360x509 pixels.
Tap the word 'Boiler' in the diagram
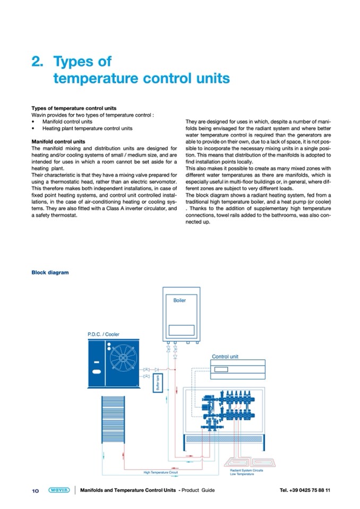pyautogui.click(x=179, y=300)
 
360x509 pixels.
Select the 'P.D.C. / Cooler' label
pyautogui.click(x=103, y=334)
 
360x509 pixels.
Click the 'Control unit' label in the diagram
pyautogui.click(x=225, y=357)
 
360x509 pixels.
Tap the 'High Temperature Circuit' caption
pyautogui.click(x=160, y=472)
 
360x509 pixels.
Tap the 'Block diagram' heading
pyautogui.click(x=50, y=273)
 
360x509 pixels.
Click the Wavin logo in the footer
pyautogui.click(x=58, y=490)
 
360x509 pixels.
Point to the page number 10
pyautogui.click(x=36, y=490)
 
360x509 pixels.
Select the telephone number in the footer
pyautogui.click(x=305, y=490)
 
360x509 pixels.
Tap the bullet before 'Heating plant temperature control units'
pyautogui.click(x=33, y=128)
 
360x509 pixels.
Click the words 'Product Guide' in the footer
pyautogui.click(x=198, y=490)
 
